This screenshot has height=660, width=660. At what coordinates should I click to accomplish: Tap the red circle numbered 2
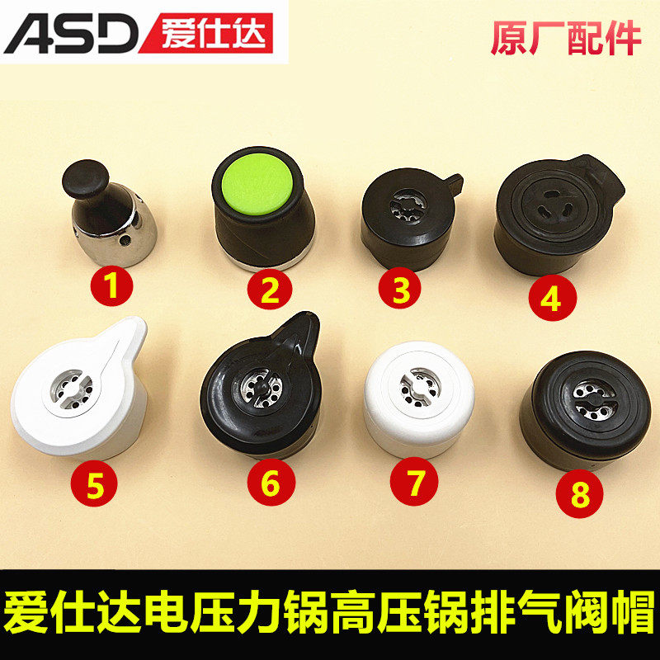270,290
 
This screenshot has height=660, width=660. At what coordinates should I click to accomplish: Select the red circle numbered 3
399,288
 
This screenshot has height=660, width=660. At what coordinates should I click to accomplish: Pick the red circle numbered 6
271,482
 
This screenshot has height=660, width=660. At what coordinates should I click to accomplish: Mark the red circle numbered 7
414,482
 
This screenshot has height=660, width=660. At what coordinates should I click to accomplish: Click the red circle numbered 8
579,494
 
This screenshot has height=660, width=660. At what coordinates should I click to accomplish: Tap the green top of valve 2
257,183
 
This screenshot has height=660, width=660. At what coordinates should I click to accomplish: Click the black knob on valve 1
86,178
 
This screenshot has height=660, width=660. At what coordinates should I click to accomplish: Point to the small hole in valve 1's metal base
125,240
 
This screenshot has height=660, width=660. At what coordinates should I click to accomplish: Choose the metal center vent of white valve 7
420,387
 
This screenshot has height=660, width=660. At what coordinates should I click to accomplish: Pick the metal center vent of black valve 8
595,400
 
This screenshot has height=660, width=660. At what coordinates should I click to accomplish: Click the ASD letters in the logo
72,35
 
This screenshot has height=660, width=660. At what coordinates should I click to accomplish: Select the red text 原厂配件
566,38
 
